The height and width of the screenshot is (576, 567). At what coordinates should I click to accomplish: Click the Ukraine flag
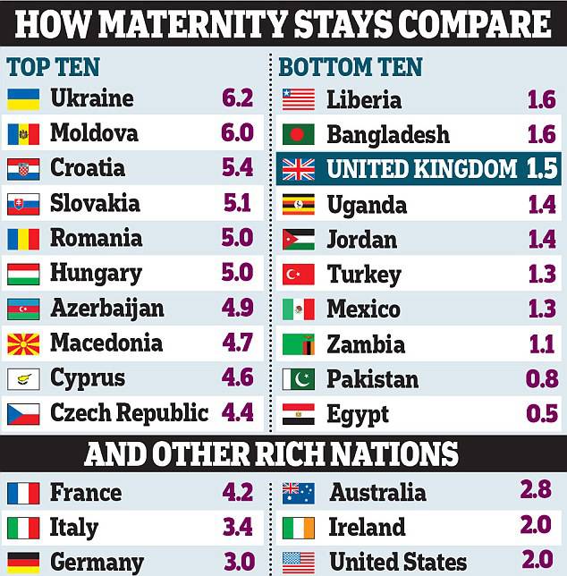pyautogui.click(x=23, y=99)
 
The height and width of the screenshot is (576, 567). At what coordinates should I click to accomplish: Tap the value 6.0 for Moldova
pyautogui.click(x=237, y=133)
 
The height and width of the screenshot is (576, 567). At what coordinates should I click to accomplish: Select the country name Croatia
pyautogui.click(x=88, y=168)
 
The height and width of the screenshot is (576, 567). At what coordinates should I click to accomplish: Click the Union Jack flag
pyautogui.click(x=298, y=169)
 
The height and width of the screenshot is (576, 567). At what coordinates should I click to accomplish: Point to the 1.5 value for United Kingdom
pyautogui.click(x=542, y=169)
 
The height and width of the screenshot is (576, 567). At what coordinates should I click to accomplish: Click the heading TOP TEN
pyautogui.click(x=54, y=67)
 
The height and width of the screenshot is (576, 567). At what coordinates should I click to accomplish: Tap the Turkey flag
pyautogui.click(x=298, y=274)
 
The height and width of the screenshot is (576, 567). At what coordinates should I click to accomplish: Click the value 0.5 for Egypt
pyautogui.click(x=542, y=414)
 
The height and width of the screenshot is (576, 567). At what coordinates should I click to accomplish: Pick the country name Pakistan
pyautogui.click(x=372, y=379)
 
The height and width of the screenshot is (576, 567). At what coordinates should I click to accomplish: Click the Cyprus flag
pyautogui.click(x=23, y=378)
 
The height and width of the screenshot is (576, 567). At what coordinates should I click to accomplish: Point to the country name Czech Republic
pyautogui.click(x=129, y=413)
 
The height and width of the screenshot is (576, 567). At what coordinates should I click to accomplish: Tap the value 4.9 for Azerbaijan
pyautogui.click(x=237, y=309)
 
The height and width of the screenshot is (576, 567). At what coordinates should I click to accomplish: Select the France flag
pyautogui.click(x=23, y=493)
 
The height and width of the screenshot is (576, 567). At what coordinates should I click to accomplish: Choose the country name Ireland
pyautogui.click(x=367, y=527)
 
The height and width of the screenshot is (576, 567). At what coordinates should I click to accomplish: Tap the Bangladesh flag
pyautogui.click(x=298, y=135)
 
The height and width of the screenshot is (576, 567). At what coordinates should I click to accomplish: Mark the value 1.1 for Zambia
pyautogui.click(x=542, y=344)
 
